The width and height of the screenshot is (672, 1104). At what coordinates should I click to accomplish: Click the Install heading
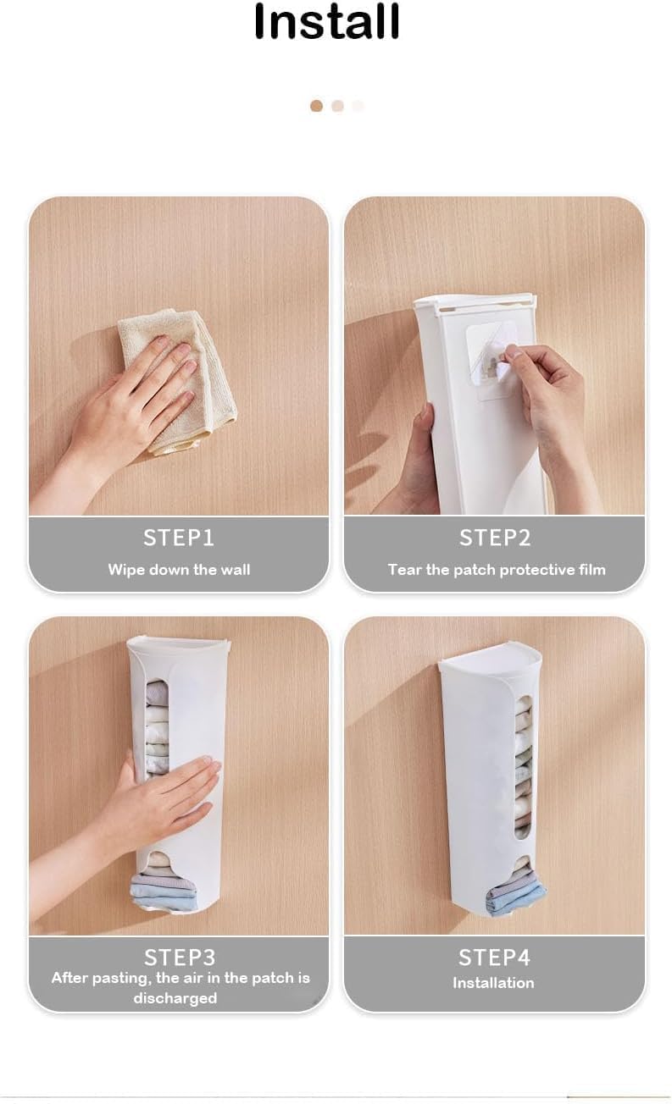tap(326, 22)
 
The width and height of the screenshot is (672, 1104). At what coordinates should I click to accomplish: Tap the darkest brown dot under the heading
tap(317, 106)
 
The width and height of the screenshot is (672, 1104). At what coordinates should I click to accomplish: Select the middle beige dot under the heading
tap(338, 106)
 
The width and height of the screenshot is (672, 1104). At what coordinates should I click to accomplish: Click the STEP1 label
tap(179, 538)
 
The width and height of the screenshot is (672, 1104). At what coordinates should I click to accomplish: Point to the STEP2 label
tap(495, 538)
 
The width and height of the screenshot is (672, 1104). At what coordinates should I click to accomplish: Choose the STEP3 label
tap(180, 958)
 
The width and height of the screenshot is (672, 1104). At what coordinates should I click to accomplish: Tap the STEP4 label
tap(494, 958)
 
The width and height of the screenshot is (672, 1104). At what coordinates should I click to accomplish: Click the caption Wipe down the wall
tap(179, 570)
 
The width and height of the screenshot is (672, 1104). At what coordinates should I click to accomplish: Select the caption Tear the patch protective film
tap(497, 570)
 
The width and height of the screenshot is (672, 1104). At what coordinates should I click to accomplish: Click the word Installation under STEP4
tap(493, 983)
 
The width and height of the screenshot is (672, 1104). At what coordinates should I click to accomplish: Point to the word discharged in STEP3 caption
tap(175, 998)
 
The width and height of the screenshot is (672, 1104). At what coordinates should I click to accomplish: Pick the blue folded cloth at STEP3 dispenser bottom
tap(163, 893)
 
